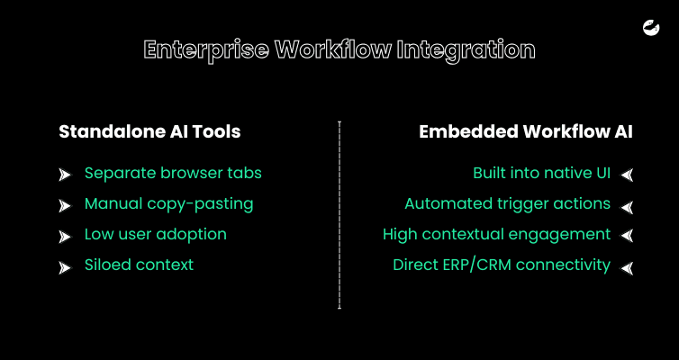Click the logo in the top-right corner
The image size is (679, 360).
coord(651,28)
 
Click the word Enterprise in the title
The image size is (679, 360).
coord(206,50)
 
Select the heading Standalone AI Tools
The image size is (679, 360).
coord(149,131)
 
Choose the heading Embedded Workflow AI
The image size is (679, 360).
coord(526,131)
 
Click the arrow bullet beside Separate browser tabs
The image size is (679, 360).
coord(65,175)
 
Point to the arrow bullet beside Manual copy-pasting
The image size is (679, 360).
coord(65,206)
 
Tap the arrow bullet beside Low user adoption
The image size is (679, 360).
coord(65,237)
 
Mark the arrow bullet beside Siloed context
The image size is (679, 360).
coord(65,268)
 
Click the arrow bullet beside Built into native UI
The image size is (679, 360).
coord(627,175)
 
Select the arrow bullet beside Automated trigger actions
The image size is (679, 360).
coord(627,207)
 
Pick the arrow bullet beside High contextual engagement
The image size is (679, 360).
coord(627,236)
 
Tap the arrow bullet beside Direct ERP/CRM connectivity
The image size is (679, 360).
coord(627,268)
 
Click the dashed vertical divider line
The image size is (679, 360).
coord(339,215)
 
